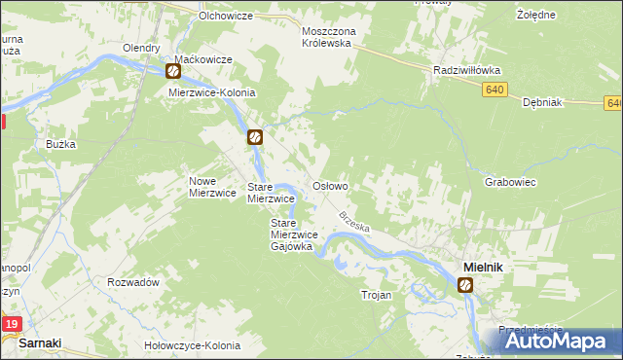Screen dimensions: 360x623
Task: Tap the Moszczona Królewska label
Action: tap(343, 38)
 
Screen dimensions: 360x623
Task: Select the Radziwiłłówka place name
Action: tap(465, 70)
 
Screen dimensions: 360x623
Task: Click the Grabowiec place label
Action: tap(511, 182)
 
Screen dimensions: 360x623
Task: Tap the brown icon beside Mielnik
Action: tap(466, 284)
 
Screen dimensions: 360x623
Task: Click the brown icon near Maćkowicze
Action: tap(173, 71)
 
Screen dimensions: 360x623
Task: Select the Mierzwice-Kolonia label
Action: tap(211, 92)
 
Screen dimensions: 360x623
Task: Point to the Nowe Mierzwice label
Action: tap(213, 186)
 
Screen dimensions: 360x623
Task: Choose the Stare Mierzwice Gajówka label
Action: tap(291, 234)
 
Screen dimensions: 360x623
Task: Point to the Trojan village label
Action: tap(376, 295)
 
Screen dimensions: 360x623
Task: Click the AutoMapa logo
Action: tap(562, 341)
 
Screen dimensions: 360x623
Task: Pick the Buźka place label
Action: tap(60, 143)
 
